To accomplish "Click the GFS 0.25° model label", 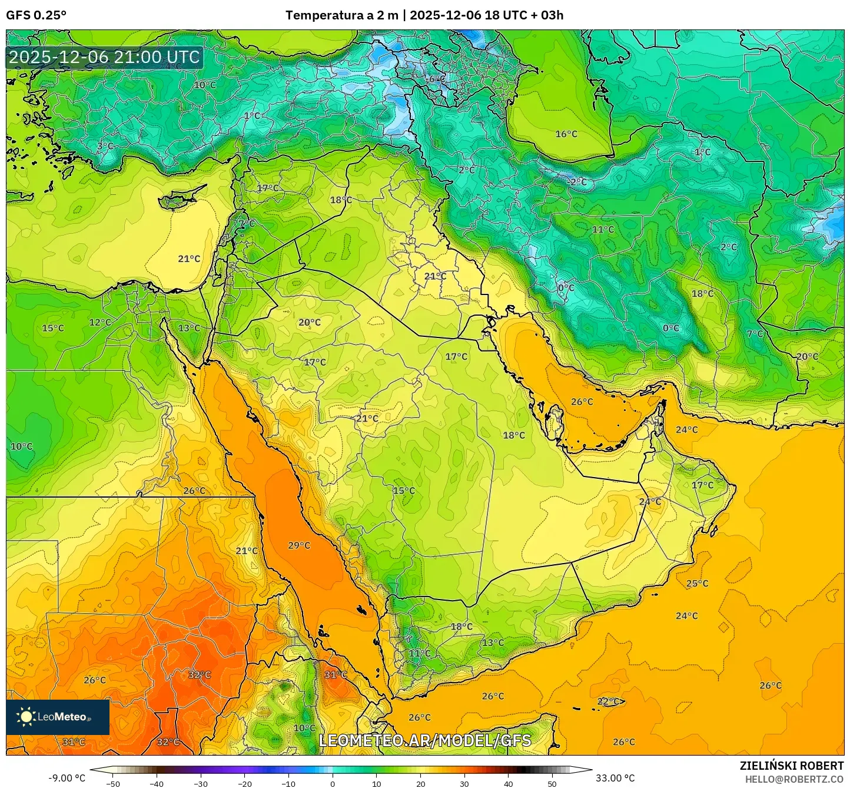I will click(x=36, y=15).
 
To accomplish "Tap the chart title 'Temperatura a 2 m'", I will click(x=341, y=15).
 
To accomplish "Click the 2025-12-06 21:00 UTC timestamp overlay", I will click(x=104, y=57).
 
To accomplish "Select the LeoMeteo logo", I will click(x=57, y=717).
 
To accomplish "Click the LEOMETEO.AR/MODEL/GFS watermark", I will click(x=424, y=740).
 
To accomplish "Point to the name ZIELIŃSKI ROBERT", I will click(x=791, y=766).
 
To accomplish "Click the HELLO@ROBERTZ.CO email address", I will click(x=794, y=779).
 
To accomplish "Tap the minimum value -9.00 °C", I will click(x=67, y=778).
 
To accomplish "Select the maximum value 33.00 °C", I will click(x=615, y=778).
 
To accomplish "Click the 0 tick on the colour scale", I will click(x=333, y=783).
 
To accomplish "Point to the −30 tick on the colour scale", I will click(x=201, y=783).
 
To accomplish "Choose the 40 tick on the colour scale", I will click(x=509, y=783).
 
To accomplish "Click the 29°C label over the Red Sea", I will click(x=299, y=545).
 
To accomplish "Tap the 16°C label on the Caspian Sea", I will click(x=566, y=134).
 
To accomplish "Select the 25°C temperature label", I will click(x=697, y=584).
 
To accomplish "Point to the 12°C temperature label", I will click(x=99, y=322).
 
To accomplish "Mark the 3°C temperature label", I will click(x=105, y=146).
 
